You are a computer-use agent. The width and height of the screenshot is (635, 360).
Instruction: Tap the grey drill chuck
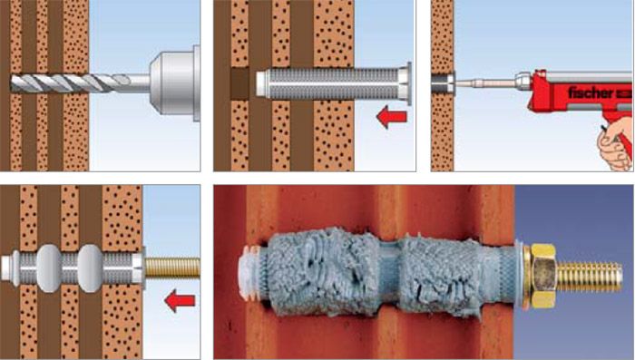coord(175,83)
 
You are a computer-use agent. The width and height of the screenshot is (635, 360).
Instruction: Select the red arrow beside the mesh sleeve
coord(392,117)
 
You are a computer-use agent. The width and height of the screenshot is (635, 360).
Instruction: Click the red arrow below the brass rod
coord(180,300)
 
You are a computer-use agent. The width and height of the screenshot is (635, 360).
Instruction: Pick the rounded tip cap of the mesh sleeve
coord(261,83)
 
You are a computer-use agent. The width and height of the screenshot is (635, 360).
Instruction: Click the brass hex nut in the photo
coord(542,277)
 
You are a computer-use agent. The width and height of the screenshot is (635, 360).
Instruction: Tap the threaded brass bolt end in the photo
coord(590,277)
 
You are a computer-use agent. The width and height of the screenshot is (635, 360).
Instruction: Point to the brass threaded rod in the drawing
coord(172,268)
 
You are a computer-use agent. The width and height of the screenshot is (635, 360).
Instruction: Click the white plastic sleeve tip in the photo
coord(249,272)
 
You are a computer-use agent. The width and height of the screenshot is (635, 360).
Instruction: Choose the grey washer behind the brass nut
coord(522,275)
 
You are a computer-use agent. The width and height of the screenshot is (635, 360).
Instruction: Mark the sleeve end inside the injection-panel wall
coord(443,83)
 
